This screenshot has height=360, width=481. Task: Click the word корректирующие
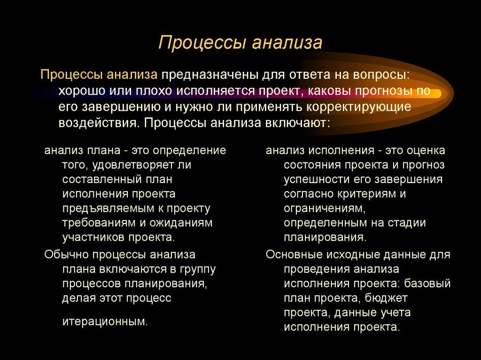click(358, 107)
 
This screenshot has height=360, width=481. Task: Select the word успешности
click(312, 179)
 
